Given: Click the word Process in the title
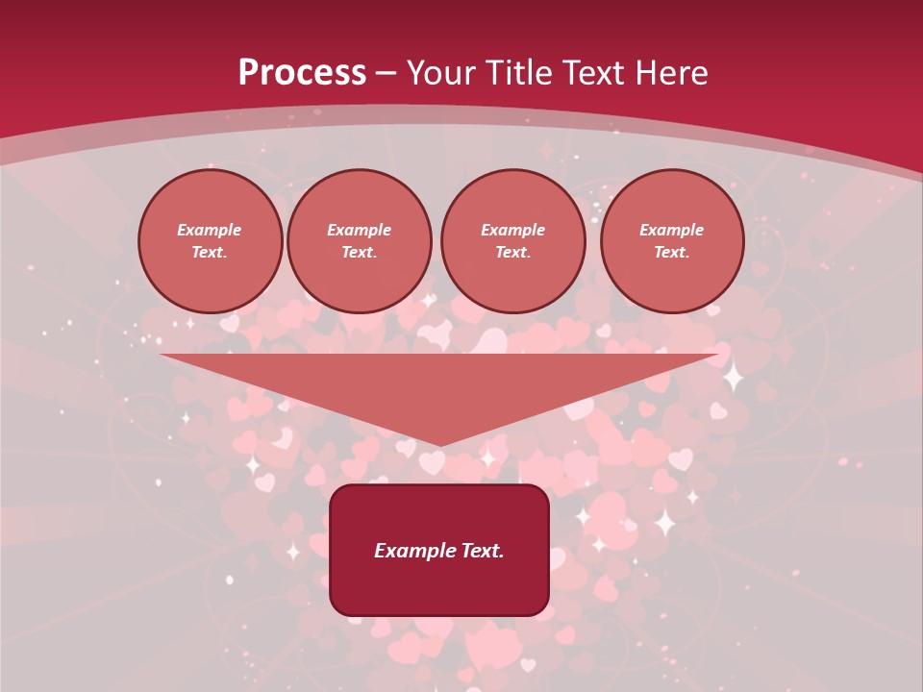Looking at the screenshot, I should [x=302, y=73].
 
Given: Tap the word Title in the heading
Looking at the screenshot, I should [x=519, y=73].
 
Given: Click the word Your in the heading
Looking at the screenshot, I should [x=440, y=73].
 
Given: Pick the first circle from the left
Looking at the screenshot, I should [x=211, y=241].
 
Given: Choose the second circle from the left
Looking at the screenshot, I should [x=360, y=241].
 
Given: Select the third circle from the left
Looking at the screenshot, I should [x=513, y=241].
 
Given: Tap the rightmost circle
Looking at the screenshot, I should [x=672, y=241].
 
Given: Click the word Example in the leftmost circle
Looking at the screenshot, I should [x=210, y=231].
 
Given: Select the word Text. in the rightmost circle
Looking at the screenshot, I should [x=672, y=253].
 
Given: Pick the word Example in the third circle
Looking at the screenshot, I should [x=513, y=231].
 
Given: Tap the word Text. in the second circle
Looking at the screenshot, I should [x=360, y=253].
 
